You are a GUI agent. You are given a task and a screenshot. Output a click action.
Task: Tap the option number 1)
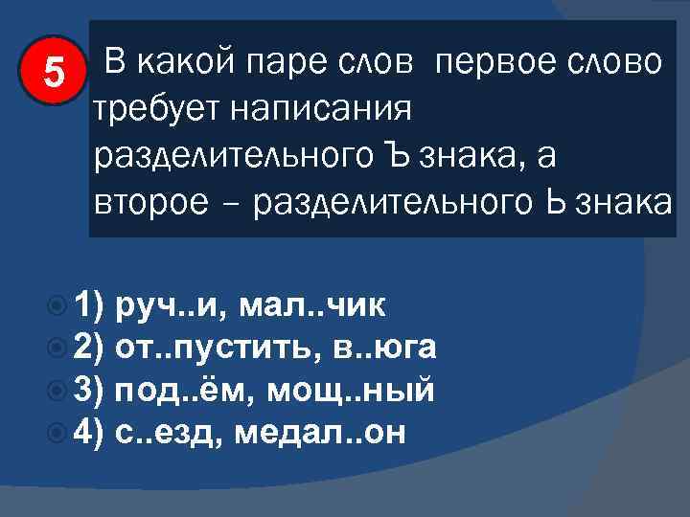(86, 306)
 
